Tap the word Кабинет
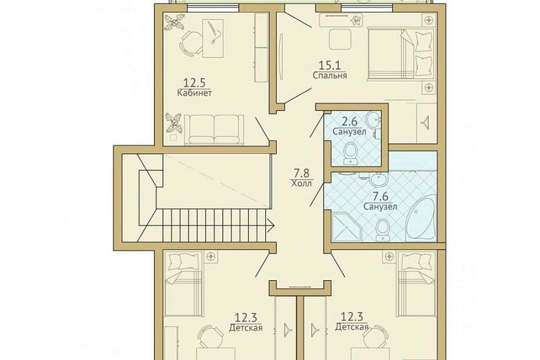tap(194, 93)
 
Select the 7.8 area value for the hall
tap(301, 173)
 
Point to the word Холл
tap(301, 183)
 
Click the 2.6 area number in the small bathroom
tap(350, 122)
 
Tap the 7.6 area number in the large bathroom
tap(380, 197)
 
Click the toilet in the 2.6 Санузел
tap(351, 154)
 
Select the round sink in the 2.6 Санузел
tap(372, 119)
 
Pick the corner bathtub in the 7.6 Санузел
tap(421, 218)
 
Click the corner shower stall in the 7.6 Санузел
tap(346, 226)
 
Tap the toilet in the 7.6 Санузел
tap(382, 230)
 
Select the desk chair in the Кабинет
tap(190, 43)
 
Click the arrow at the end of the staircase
tap(270, 226)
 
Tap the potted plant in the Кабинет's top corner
tap(174, 24)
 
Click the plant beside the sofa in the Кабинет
tap(174, 122)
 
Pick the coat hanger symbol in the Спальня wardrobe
tap(426, 121)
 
